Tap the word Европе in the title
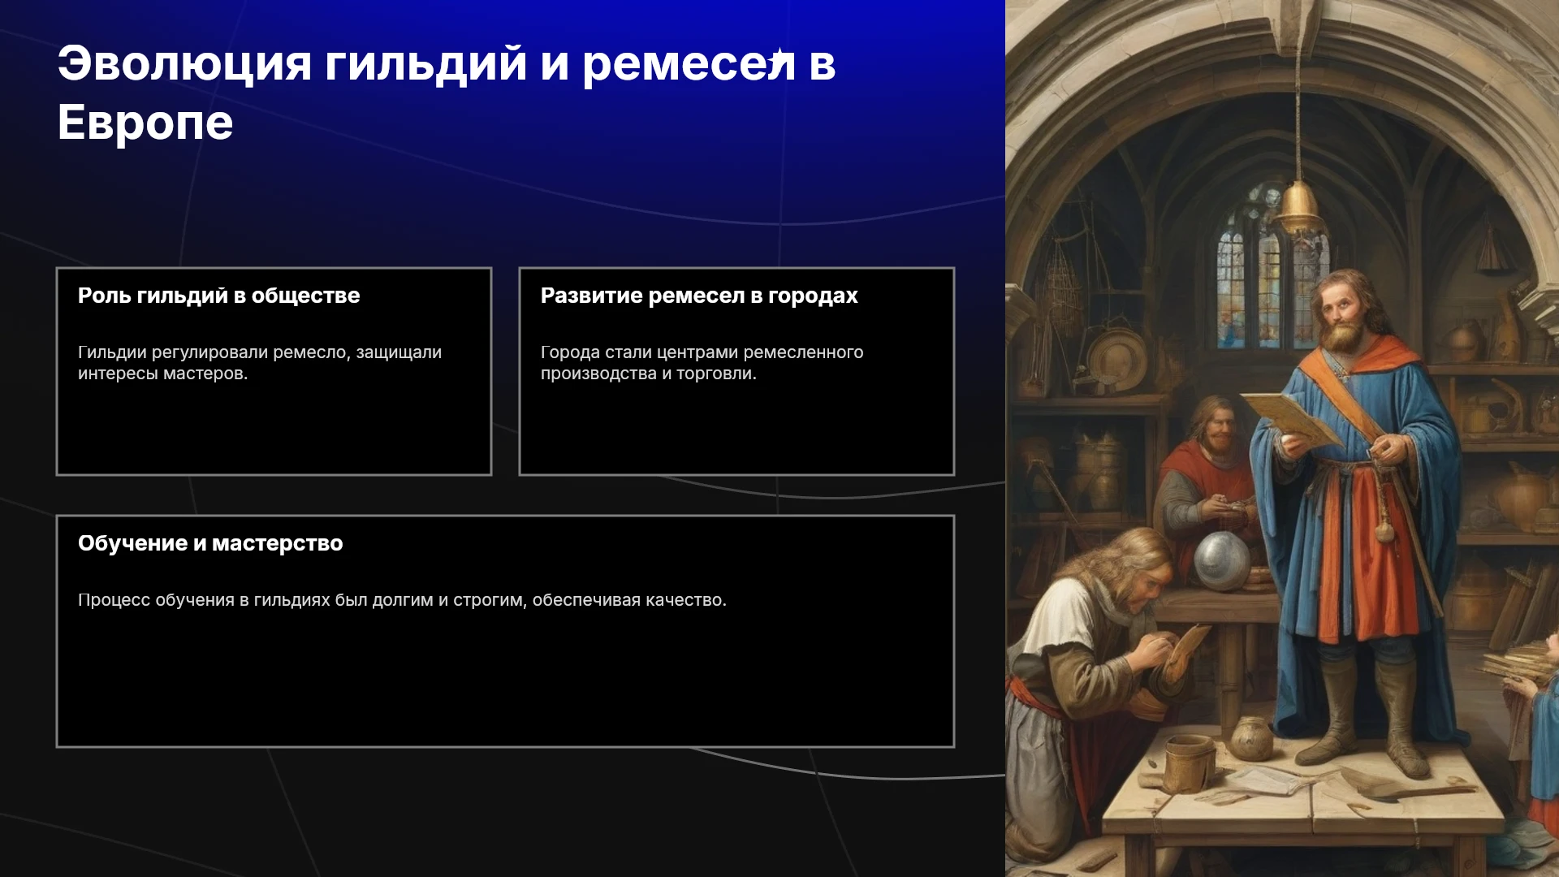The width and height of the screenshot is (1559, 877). click(x=145, y=123)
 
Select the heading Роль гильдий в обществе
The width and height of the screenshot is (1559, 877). click(x=218, y=296)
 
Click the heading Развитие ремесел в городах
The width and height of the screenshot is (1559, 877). click(x=699, y=296)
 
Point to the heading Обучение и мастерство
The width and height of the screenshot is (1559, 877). click(x=210, y=543)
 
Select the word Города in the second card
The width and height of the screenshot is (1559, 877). click(x=570, y=352)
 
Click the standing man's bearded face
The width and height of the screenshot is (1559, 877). click(x=1344, y=313)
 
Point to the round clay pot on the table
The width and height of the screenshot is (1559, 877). click(x=1251, y=738)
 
